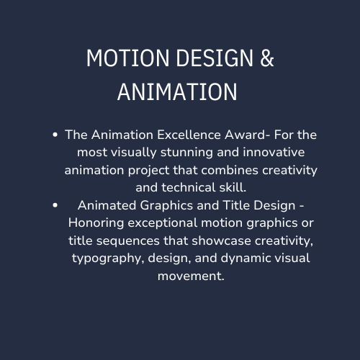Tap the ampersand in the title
[266, 59]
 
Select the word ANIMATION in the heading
[177, 91]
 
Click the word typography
[109, 257]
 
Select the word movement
[191, 274]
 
